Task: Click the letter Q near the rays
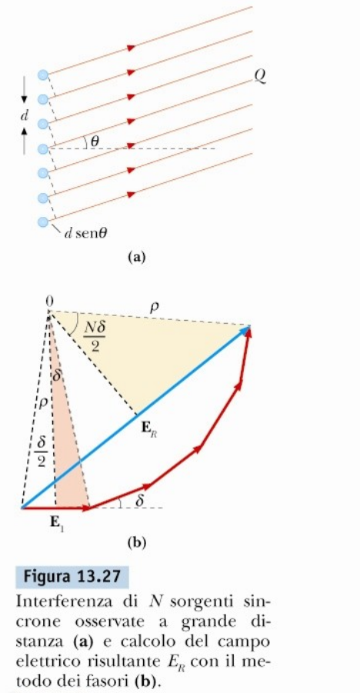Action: (x=260, y=78)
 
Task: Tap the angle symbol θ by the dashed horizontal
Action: (x=94, y=142)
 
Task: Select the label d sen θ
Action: (x=85, y=233)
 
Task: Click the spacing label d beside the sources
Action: (x=25, y=116)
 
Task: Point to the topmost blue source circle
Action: (x=43, y=75)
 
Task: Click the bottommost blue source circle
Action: (x=43, y=221)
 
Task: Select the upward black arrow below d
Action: (x=25, y=140)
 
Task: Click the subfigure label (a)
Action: (x=136, y=257)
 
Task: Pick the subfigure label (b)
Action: (x=136, y=542)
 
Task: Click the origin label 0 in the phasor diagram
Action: (x=49, y=301)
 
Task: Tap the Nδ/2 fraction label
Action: (x=93, y=337)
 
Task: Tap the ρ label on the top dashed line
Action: (x=155, y=307)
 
